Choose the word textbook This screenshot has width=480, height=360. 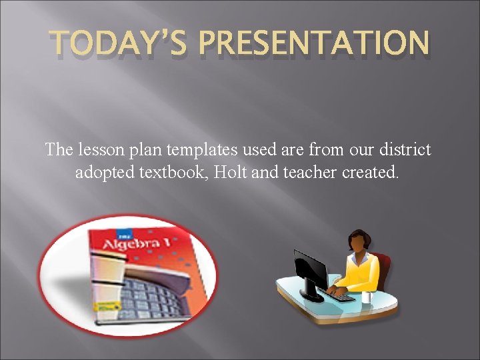click(173, 172)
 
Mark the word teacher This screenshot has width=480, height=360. click(307, 172)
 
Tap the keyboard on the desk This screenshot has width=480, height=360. click(341, 295)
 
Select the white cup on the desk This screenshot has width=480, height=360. click(366, 295)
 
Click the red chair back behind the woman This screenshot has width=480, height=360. click(383, 266)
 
